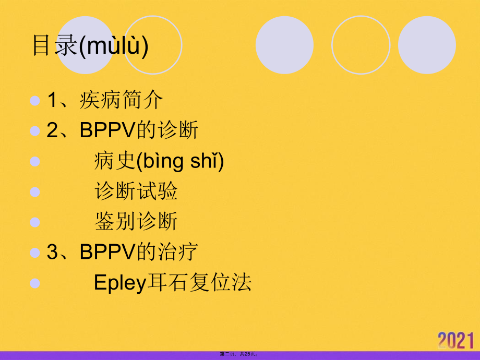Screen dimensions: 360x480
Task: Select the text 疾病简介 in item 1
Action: (x=122, y=100)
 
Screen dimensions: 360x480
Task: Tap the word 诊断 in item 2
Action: (x=177, y=130)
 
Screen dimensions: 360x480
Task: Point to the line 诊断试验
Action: (x=136, y=191)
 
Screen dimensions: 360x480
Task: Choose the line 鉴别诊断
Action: (x=136, y=222)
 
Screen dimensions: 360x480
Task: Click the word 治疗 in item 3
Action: (x=177, y=252)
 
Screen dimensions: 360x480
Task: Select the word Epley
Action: (x=118, y=283)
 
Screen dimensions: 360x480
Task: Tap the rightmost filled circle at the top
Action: (x=427, y=45)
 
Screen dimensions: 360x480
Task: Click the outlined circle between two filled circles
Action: (x=361, y=45)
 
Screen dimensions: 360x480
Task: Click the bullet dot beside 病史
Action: (x=35, y=161)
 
